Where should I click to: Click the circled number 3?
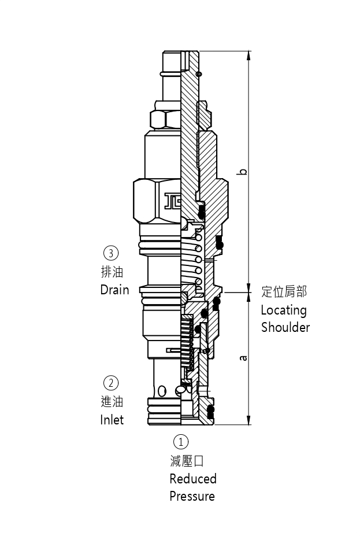coord(110,253)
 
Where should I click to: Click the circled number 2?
coord(110,383)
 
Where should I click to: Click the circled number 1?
coord(181,442)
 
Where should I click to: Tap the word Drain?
coord(114,290)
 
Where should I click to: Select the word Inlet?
coord(112,420)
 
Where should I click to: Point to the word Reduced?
coord(193,479)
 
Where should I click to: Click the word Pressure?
coord(192,496)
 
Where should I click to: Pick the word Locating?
coord(284,310)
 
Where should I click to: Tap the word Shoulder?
coord(285,327)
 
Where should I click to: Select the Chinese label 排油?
coord(112,272)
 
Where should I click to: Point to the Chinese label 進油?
coord(112,402)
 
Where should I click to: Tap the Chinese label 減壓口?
coord(187,461)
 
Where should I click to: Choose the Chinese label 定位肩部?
coord(284,291)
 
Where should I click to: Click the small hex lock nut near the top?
coord(165,119)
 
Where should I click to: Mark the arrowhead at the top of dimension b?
coord(248,55)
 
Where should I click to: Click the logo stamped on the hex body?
coord(173,201)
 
